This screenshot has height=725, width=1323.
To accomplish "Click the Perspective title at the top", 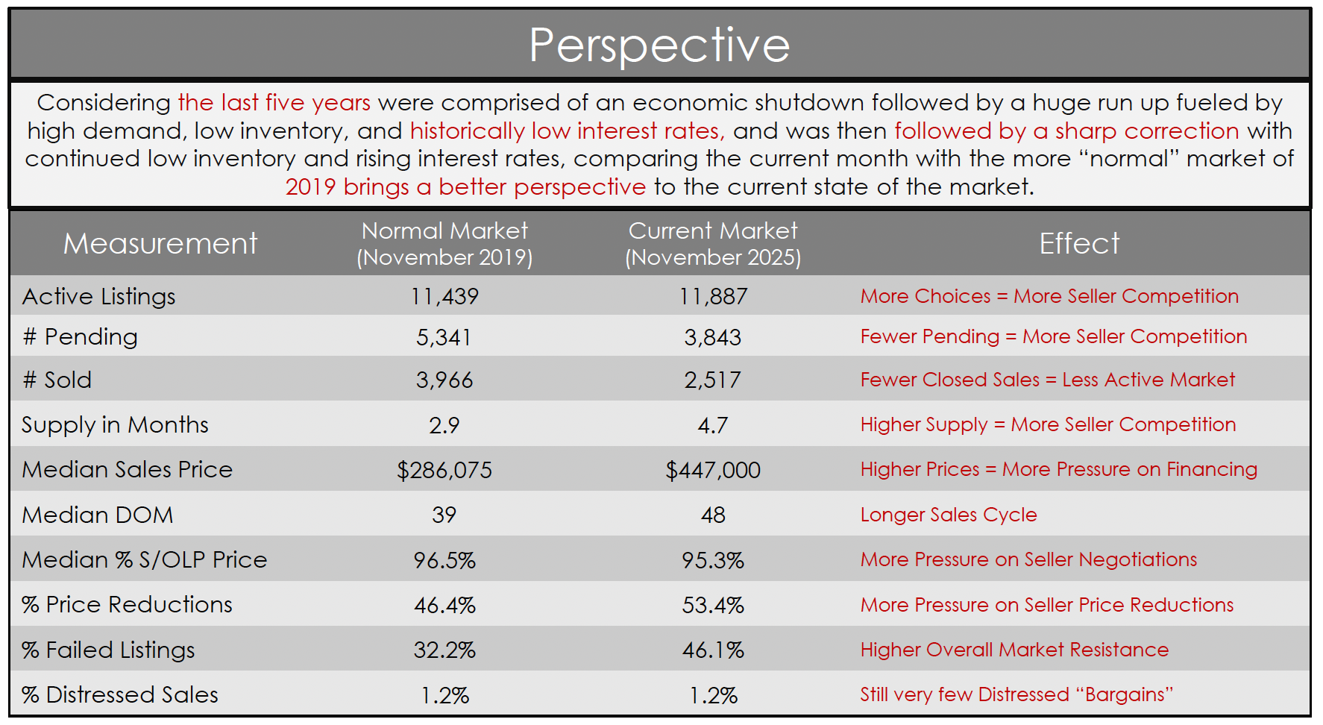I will pos(659,45).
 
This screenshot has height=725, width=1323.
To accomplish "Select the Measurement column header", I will pos(160,244).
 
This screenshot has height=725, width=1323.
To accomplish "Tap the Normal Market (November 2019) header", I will pos(444,244).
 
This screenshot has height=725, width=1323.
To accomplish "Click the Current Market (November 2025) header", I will pos(713,244).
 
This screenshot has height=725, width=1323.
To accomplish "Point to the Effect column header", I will pos(1079,244).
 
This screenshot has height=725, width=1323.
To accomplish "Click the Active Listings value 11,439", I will pos(444,297).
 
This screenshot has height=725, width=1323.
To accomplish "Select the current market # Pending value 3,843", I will pos(713,337).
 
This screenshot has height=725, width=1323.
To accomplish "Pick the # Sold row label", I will pos(57,380).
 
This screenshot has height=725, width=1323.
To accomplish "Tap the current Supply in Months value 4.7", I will pos(713,425).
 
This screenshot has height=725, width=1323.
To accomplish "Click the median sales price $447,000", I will pos(713,470).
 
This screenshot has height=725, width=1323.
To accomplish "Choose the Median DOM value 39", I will pos(444,515).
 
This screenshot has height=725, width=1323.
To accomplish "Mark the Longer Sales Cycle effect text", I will pos(948,515).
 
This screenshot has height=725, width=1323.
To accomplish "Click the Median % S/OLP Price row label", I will pos(145,560).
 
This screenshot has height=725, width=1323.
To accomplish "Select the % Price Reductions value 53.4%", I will pos(713,605).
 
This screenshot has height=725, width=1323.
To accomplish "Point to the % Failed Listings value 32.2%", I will pos(444,650).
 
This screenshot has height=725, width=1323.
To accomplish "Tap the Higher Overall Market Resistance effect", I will pos(1014,650).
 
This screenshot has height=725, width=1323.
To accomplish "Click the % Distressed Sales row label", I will pos(120,695).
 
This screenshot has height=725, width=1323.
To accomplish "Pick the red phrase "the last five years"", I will pos(274,102).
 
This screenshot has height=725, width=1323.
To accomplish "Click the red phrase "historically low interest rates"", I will pos(567,131).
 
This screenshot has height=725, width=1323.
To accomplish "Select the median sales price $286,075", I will pos(444,470).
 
